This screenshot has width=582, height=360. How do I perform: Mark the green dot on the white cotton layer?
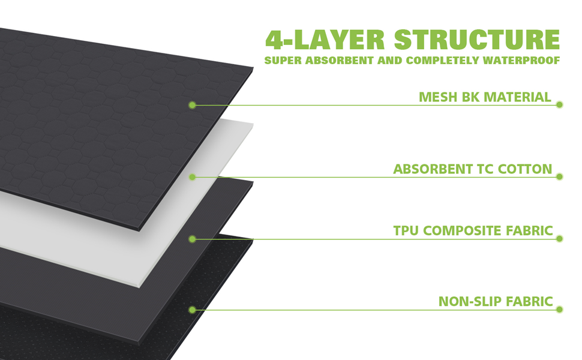coord(193,177)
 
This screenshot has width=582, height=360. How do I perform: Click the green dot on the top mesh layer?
coord(193,105)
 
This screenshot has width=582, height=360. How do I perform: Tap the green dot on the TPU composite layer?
coord(193,239)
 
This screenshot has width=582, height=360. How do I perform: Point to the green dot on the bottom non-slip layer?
coord(193,310)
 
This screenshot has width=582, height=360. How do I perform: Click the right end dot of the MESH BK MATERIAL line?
coord(559,104)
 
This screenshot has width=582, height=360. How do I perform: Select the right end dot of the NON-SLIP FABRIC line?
coord(559,310)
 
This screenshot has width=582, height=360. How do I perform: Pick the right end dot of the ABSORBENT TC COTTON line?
coord(559,176)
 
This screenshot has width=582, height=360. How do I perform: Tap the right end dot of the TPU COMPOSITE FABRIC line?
coord(559,238)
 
